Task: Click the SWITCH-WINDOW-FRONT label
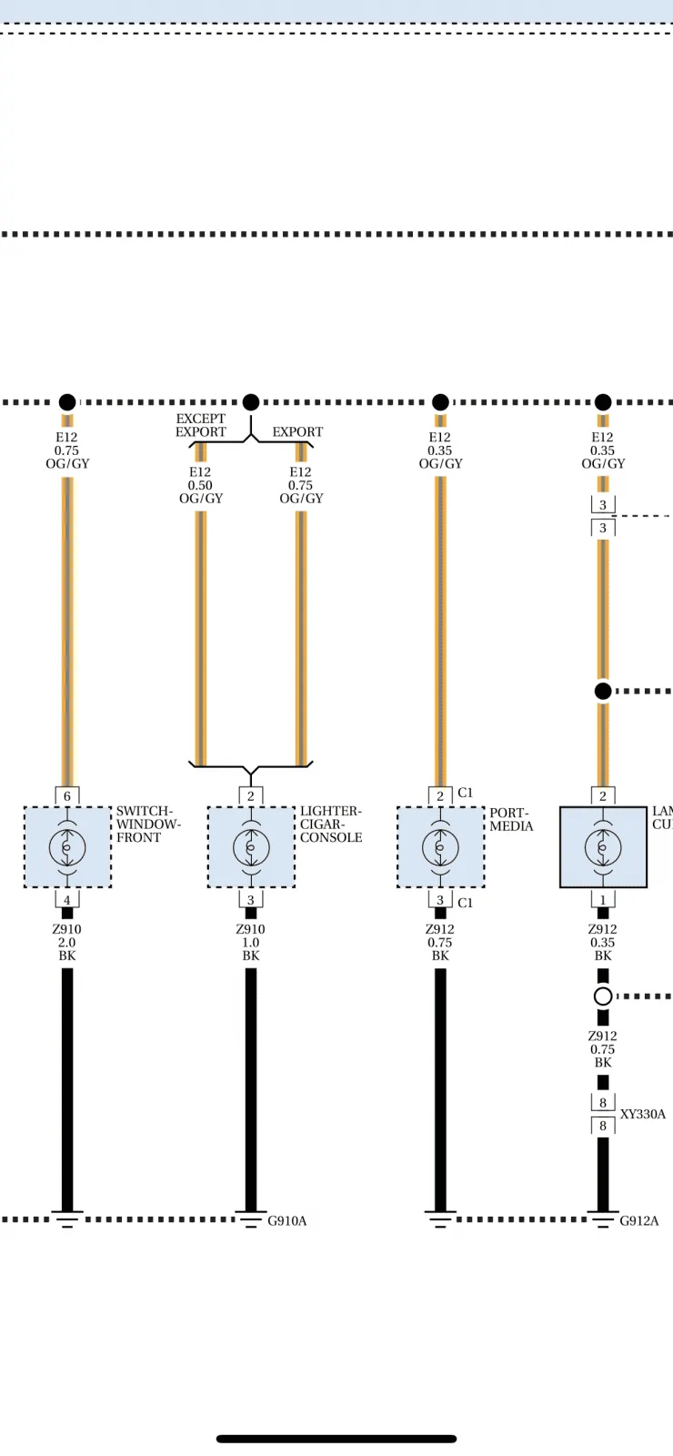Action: [x=148, y=824]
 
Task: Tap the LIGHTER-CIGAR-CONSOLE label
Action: [x=331, y=824]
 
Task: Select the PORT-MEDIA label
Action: [x=511, y=819]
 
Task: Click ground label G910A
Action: [x=287, y=1220]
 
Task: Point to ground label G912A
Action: [x=639, y=1220]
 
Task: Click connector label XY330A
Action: [x=642, y=1114]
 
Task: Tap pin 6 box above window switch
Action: [x=67, y=795]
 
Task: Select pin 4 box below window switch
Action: [x=67, y=900]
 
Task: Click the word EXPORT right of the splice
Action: [x=297, y=431]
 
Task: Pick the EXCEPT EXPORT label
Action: [x=201, y=425]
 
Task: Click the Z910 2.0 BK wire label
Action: [x=67, y=943]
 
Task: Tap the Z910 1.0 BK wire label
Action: [x=251, y=943]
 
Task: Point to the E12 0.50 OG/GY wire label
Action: [x=201, y=485]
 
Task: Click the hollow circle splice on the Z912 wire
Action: [x=603, y=996]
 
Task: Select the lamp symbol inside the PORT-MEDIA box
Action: [x=440, y=847]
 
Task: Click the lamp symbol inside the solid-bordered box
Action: [x=603, y=847]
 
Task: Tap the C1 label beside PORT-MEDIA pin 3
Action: [x=465, y=902]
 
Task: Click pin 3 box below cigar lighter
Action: [x=251, y=900]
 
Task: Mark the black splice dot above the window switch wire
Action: [x=67, y=401]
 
